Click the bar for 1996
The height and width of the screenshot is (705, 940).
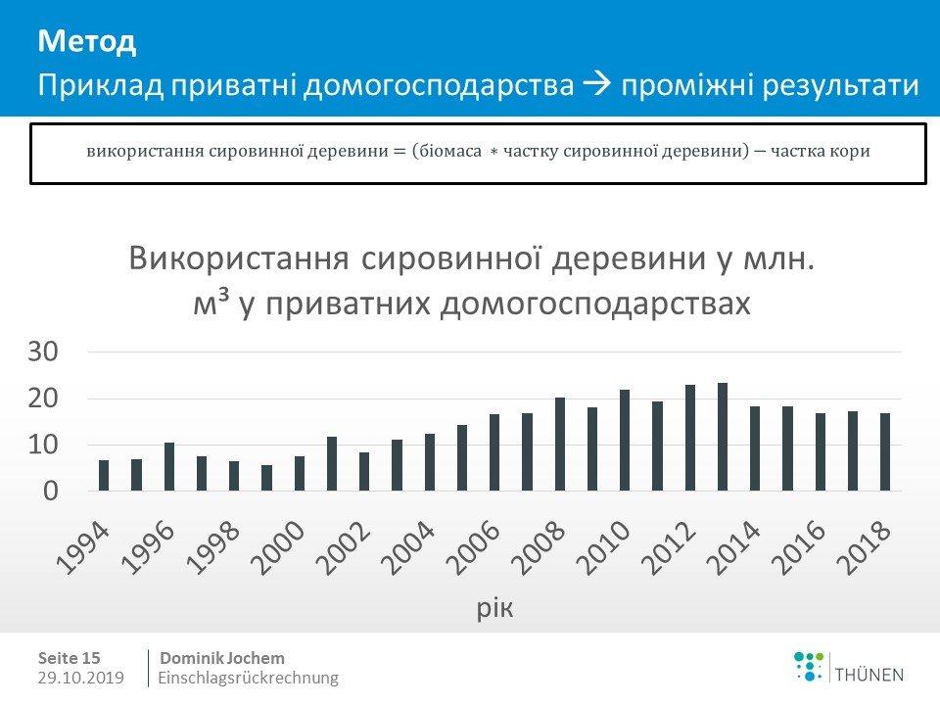point(169,466)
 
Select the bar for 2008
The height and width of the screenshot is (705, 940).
point(560,445)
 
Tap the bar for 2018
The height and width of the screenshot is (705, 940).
point(885,452)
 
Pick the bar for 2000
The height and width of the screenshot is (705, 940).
point(300,474)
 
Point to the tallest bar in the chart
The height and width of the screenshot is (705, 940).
point(723,437)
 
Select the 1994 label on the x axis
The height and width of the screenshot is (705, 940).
point(82,548)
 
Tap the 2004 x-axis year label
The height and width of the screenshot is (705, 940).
point(408,548)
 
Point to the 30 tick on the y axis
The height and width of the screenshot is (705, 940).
point(42,352)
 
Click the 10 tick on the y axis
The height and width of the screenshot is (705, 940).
point(42,445)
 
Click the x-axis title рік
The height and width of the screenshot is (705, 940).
point(495,608)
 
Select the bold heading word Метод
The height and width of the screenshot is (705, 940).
point(87,41)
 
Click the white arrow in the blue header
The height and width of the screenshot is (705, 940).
point(597,84)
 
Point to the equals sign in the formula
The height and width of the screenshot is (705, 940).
point(399,152)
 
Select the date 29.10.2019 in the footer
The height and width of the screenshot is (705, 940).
point(81,678)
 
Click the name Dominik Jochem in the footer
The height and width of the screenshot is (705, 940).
point(222,658)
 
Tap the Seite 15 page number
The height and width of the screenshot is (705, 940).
point(69,658)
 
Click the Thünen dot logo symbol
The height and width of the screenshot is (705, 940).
point(808,667)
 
